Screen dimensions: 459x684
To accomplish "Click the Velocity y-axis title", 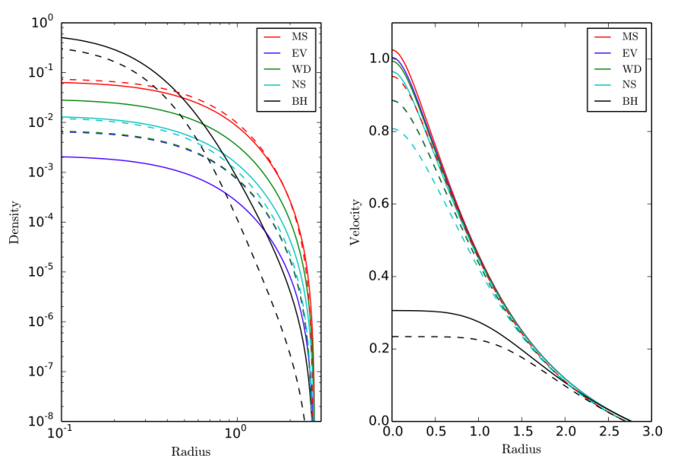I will pyautogui.click(x=354, y=222).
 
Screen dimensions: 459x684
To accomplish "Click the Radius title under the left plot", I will pyautogui.click(x=190, y=451).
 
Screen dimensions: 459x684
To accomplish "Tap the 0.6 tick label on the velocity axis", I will pyautogui.click(x=378, y=204).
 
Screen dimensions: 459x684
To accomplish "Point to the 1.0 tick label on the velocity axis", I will pyautogui.click(x=378, y=59).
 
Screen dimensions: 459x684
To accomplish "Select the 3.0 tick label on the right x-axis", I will pyautogui.click(x=651, y=432).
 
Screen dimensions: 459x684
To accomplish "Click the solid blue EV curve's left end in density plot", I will pyautogui.click(x=62, y=157).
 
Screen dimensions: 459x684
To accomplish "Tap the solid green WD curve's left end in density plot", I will pyautogui.click(x=62, y=100).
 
